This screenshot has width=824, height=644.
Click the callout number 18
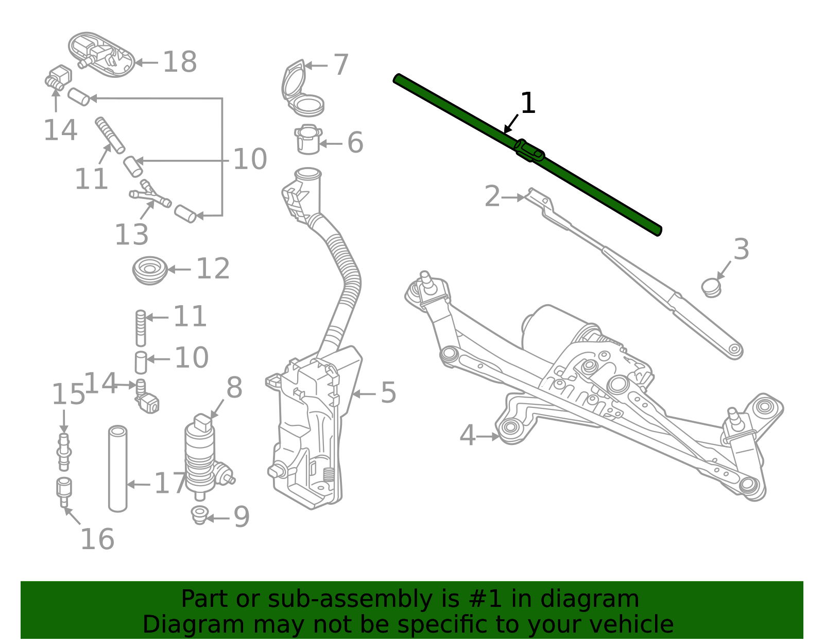point(180,62)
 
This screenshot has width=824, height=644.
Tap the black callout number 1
point(528,104)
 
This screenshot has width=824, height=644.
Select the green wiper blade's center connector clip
point(529,151)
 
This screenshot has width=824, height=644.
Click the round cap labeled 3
point(711,287)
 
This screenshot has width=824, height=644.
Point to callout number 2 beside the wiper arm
point(492,197)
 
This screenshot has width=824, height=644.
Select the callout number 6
point(355,143)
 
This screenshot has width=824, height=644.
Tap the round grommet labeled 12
point(150,270)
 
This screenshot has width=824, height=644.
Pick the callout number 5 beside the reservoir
point(388,393)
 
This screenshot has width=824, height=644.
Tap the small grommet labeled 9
point(199,515)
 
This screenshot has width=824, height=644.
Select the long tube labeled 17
point(118,469)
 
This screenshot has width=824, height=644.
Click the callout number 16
point(97,539)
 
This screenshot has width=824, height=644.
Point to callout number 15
point(68,395)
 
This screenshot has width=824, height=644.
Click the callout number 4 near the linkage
point(467,436)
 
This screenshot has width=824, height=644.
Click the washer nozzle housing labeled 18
point(102,55)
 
